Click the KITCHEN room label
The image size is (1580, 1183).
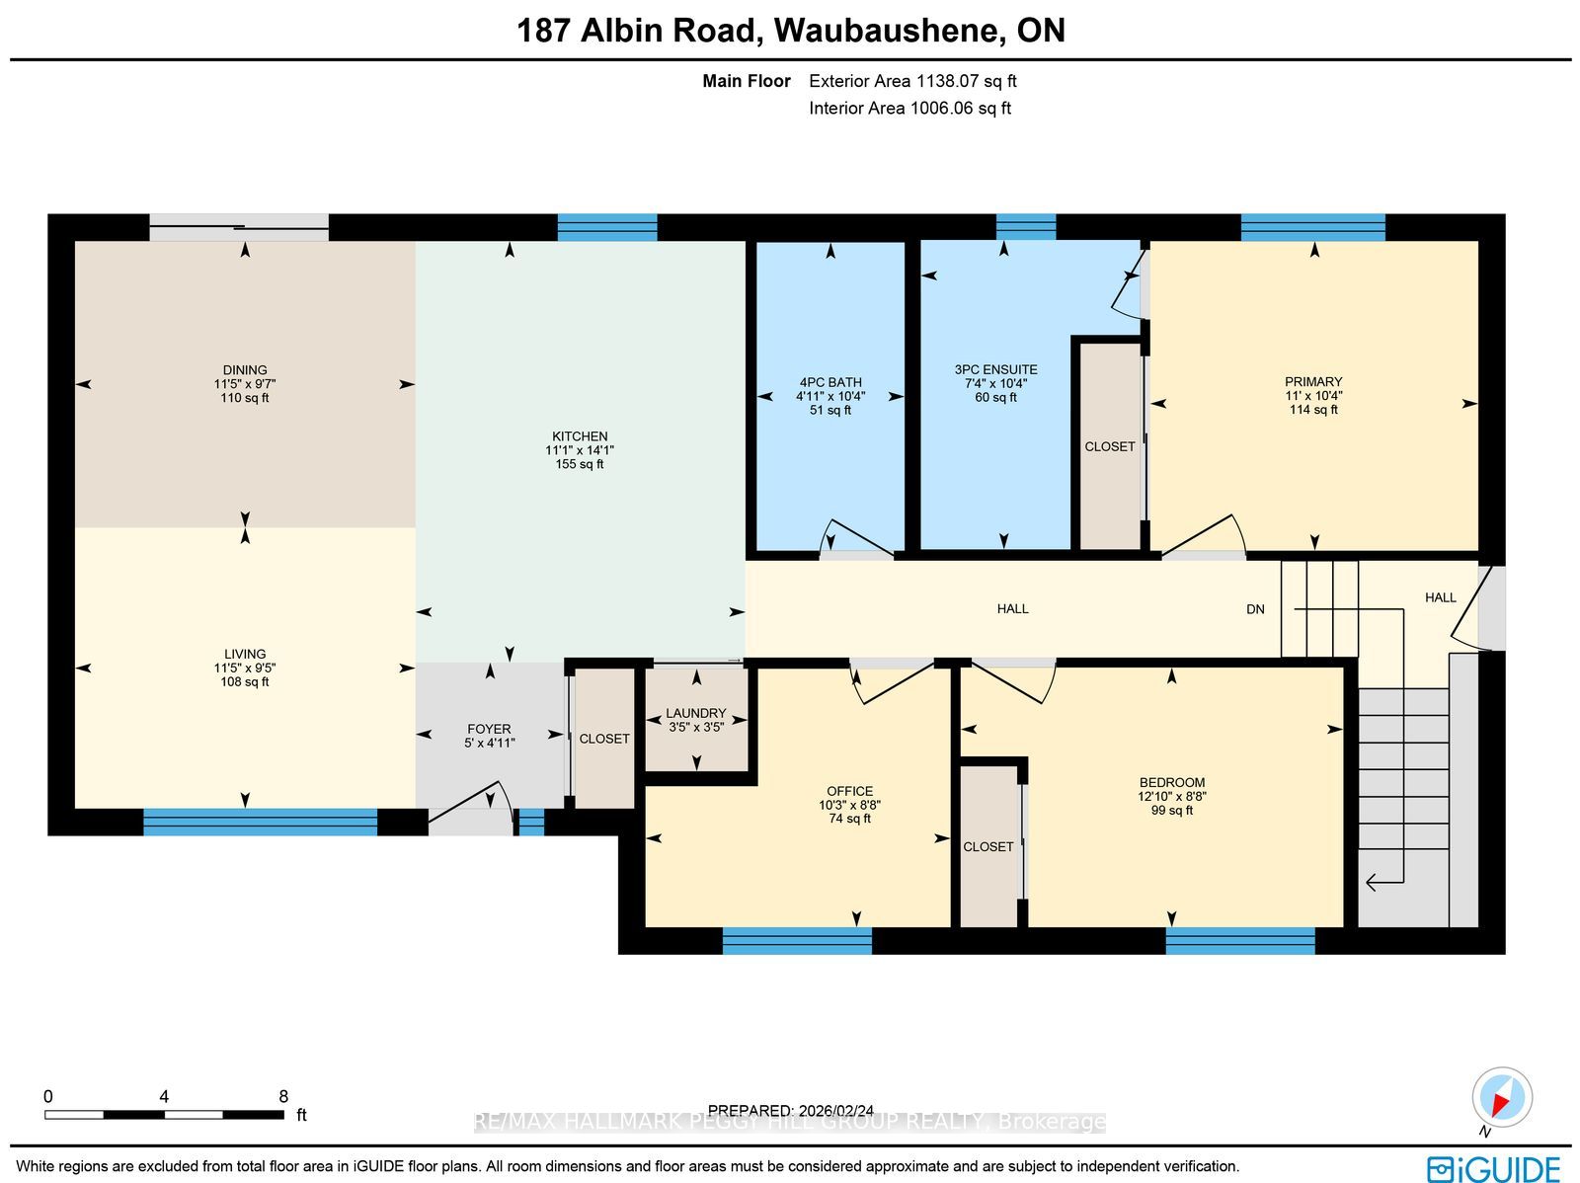(580, 436)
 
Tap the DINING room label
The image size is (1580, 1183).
(245, 370)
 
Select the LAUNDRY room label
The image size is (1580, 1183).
(696, 713)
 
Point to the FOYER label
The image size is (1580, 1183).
(489, 729)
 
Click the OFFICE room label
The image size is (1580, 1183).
(849, 791)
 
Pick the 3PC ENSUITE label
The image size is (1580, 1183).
(995, 369)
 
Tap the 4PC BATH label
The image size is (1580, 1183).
(829, 382)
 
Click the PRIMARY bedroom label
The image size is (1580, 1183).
(1313, 381)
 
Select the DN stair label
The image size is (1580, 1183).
(1255, 608)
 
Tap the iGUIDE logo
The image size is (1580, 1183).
(1494, 1168)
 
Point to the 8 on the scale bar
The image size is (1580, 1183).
(283, 1096)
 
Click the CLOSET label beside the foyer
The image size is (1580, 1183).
(604, 739)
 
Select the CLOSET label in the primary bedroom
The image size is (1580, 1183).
(1109, 447)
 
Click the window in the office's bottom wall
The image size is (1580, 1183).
(797, 940)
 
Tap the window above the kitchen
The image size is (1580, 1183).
(606, 227)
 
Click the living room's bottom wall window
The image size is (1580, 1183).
(260, 822)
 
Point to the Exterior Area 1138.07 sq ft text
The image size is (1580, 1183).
(912, 81)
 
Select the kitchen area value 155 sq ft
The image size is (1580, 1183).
(580, 464)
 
